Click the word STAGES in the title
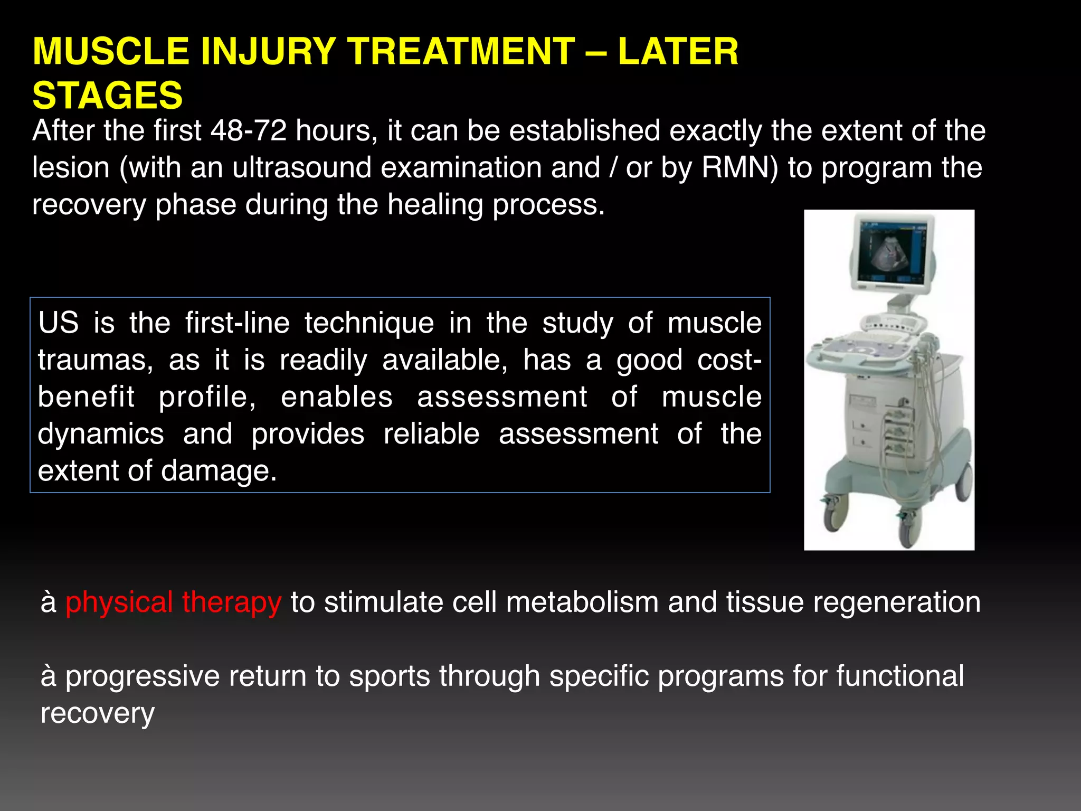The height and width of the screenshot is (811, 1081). [x=107, y=96]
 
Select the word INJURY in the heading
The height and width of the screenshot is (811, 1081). [x=268, y=52]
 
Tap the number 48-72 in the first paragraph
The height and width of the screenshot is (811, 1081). [x=248, y=131]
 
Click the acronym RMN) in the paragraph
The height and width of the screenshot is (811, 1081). [x=739, y=168]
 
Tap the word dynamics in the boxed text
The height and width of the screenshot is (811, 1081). [x=100, y=434]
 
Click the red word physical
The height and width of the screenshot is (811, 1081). [x=119, y=602]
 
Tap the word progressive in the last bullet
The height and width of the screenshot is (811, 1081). [x=142, y=676]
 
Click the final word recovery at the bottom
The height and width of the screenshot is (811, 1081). [x=97, y=713]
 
